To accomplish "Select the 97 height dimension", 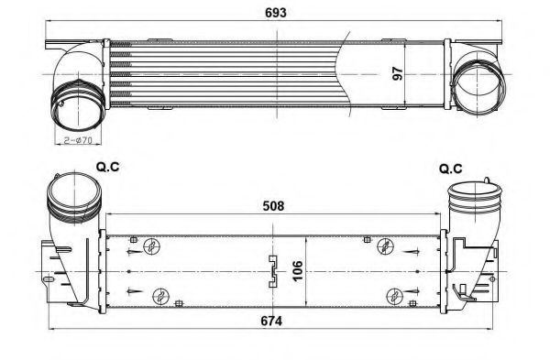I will pyautogui.click(x=399, y=74).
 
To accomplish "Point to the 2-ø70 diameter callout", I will pyautogui.click(x=79, y=139).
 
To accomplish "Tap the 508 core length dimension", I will pyautogui.click(x=271, y=205).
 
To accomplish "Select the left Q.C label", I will pyautogui.click(x=109, y=169).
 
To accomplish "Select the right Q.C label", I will pyautogui.click(x=449, y=169).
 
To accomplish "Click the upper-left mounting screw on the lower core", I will pyautogui.click(x=154, y=245).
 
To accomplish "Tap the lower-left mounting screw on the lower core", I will pyautogui.click(x=161, y=295).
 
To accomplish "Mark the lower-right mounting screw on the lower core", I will pyautogui.click(x=394, y=295).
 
